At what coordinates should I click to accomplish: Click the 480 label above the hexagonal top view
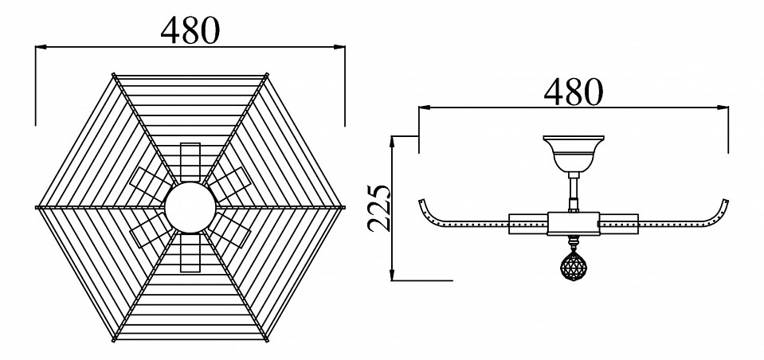pos(190,30)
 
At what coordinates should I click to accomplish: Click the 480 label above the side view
pos(574,92)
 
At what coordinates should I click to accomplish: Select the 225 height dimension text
pos(378,208)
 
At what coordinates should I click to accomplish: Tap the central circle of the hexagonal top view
pos(190,208)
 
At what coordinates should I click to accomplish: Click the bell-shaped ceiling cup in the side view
pos(574,154)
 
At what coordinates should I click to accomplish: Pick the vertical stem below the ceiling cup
pos(574,192)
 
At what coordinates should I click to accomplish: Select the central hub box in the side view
pos(574,224)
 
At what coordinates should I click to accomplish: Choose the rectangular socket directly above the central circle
pos(190,162)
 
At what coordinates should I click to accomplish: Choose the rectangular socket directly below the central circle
pos(190,252)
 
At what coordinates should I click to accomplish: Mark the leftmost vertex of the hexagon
pos(36,208)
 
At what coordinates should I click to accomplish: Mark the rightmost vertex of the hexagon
pos(344,208)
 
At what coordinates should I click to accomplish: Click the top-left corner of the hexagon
pos(114,75)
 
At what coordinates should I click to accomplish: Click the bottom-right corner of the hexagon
pos(267,340)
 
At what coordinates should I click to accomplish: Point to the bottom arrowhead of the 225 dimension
pos(392,275)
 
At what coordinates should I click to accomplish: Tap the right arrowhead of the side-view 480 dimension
pos(723,108)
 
